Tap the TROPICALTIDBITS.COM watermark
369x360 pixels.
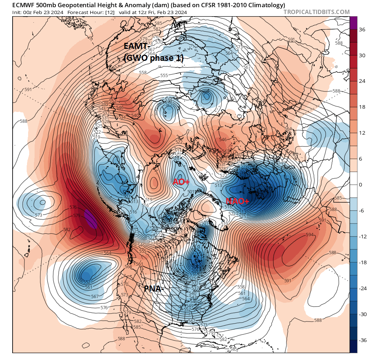pos(316,12)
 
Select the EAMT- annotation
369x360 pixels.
pos(136,46)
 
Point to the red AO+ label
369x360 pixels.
pos(181,182)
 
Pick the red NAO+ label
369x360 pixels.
pos(236,201)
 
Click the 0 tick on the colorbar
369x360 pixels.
pos(360,185)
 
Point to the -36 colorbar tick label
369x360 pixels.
pos(361,340)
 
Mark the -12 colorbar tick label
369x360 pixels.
pos(361,237)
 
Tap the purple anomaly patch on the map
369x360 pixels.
pos(90,219)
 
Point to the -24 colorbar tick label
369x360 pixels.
pos(361,288)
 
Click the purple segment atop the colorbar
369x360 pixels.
pos(354,22)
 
